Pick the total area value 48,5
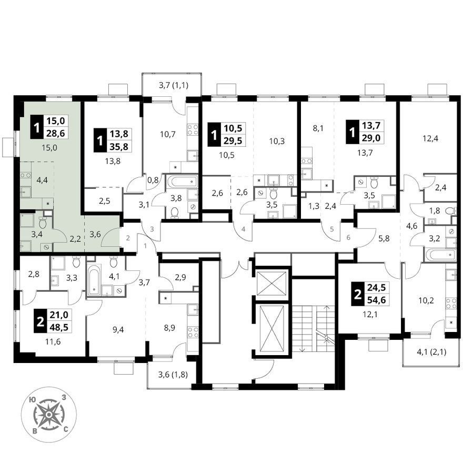[59, 327]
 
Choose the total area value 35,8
[119, 146]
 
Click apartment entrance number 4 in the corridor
[243, 229]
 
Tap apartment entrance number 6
[348, 237]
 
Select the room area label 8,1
[317, 129]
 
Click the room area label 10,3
[277, 141]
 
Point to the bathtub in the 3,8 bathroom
[182, 180]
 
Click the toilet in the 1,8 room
[450, 211]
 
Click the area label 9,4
[118, 329]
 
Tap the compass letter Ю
[33, 399]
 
